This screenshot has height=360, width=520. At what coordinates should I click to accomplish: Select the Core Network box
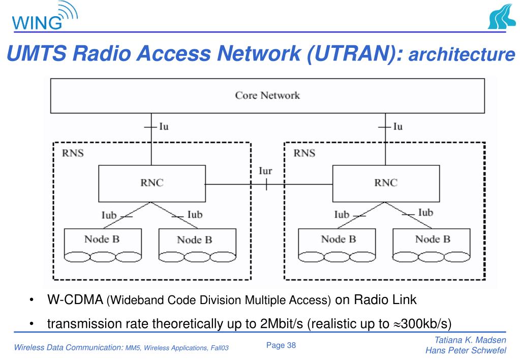[x=267, y=95]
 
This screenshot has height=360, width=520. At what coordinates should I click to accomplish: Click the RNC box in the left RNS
[x=151, y=183]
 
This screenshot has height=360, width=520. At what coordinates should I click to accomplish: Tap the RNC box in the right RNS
[x=385, y=183]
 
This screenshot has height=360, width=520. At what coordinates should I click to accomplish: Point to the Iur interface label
[x=265, y=171]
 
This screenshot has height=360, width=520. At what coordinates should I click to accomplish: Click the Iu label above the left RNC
[x=164, y=127]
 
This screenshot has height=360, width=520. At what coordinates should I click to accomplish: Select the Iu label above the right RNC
[x=397, y=127]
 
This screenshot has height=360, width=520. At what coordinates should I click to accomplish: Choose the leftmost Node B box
[x=102, y=239]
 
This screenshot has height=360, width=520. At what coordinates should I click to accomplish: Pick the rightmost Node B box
[x=432, y=239]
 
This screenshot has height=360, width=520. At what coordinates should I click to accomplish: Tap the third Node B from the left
[x=338, y=239]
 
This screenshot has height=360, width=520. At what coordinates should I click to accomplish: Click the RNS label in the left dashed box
[x=73, y=153]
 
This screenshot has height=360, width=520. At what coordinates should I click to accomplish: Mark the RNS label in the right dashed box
[x=304, y=153]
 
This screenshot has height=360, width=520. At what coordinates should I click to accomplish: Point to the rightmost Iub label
[x=425, y=213]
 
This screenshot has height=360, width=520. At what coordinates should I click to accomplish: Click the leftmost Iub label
[x=109, y=215]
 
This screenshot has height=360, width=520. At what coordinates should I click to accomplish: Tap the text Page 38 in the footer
[x=281, y=346]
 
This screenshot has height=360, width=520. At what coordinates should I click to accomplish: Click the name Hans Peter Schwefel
[x=466, y=351]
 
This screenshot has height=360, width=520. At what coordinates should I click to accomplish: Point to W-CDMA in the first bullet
[x=75, y=299]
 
